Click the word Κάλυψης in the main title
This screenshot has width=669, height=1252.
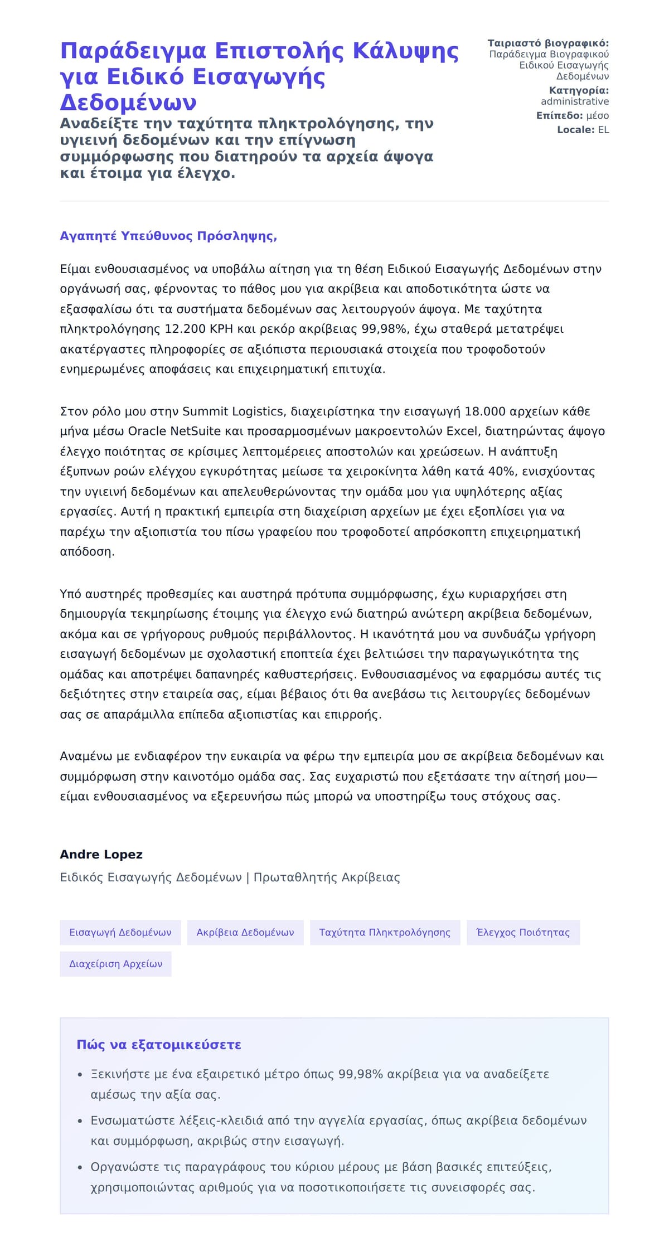(x=406, y=51)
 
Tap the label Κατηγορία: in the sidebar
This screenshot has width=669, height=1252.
(x=579, y=90)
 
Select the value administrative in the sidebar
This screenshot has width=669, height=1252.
(x=574, y=101)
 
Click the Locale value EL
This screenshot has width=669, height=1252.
(x=603, y=130)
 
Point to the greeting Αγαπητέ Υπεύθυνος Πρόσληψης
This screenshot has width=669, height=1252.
(x=168, y=236)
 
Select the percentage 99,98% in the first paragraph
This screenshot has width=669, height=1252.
(x=384, y=329)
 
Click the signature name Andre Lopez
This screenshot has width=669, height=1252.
(x=101, y=855)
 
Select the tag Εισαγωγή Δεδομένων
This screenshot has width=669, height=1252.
(x=120, y=933)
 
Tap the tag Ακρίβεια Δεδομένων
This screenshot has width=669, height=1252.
(x=245, y=933)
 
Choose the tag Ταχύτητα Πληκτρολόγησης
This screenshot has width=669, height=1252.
(x=385, y=933)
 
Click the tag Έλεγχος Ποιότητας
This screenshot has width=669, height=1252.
(x=523, y=933)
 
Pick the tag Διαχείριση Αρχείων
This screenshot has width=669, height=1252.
(x=115, y=964)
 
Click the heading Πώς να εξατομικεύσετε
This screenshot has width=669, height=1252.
(x=159, y=1045)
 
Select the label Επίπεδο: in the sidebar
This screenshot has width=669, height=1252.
(x=559, y=116)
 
